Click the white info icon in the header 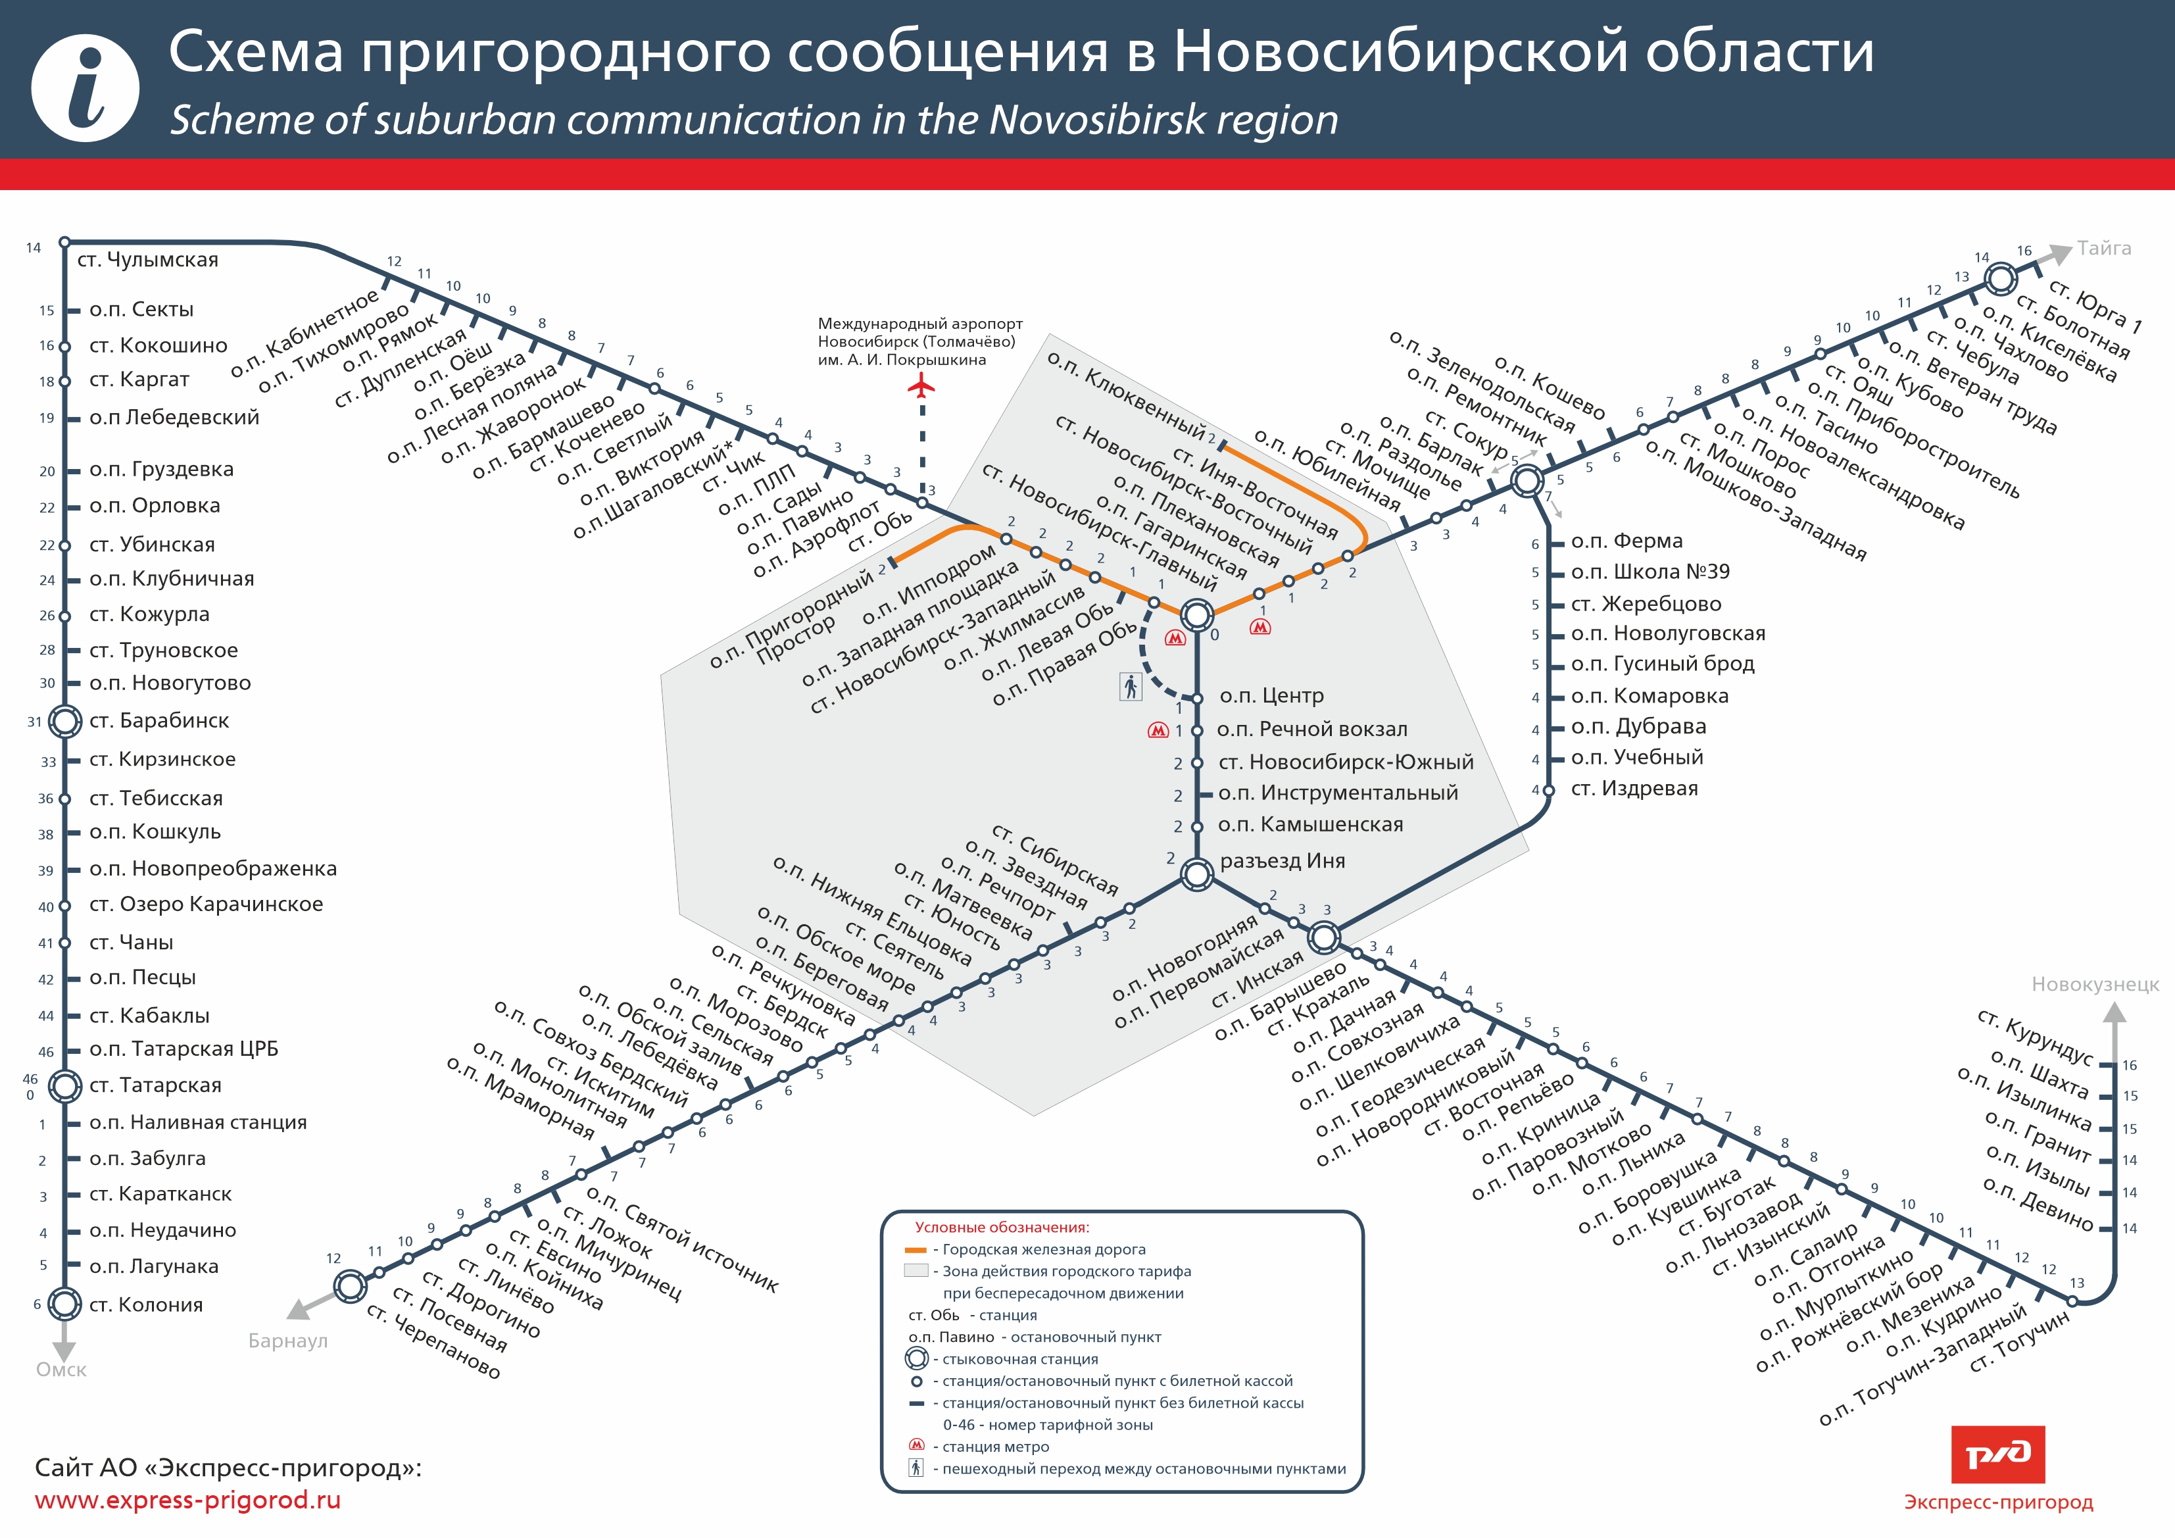86,88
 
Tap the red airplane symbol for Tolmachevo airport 921,385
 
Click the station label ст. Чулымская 148,260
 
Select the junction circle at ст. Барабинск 64,721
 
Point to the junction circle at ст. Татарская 64,1086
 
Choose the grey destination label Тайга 2104,248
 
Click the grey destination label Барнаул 288,1341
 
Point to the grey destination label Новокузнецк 2095,985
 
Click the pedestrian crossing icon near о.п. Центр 1130,686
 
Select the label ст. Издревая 1634,789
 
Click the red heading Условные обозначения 1002,1228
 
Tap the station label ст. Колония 146,1305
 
